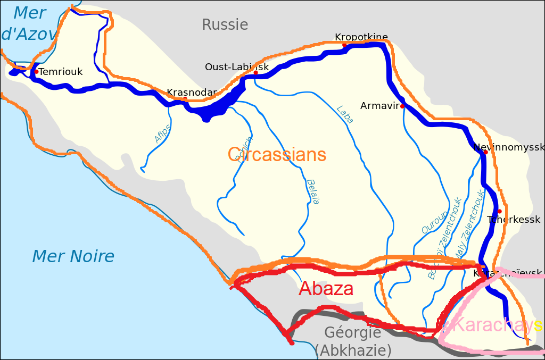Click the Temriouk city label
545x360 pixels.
(61, 72)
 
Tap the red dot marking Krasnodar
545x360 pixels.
(185, 99)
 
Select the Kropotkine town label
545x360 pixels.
(361, 37)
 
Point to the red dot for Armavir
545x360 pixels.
(402, 106)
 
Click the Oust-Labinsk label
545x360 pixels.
(237, 67)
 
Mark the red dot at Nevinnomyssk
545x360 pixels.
(485, 152)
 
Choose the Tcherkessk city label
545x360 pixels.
(514, 220)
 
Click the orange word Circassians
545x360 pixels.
(277, 155)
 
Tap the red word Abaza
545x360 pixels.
(326, 289)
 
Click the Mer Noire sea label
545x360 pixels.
(73, 256)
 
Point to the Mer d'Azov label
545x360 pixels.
(29, 23)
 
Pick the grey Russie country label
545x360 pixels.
(225, 24)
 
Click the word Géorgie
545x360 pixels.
(353, 333)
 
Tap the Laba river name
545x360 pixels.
(345, 115)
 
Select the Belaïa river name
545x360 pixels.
(313, 191)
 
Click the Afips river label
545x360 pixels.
(163, 133)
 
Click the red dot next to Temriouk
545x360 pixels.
(36, 71)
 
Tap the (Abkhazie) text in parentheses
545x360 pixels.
(353, 350)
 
